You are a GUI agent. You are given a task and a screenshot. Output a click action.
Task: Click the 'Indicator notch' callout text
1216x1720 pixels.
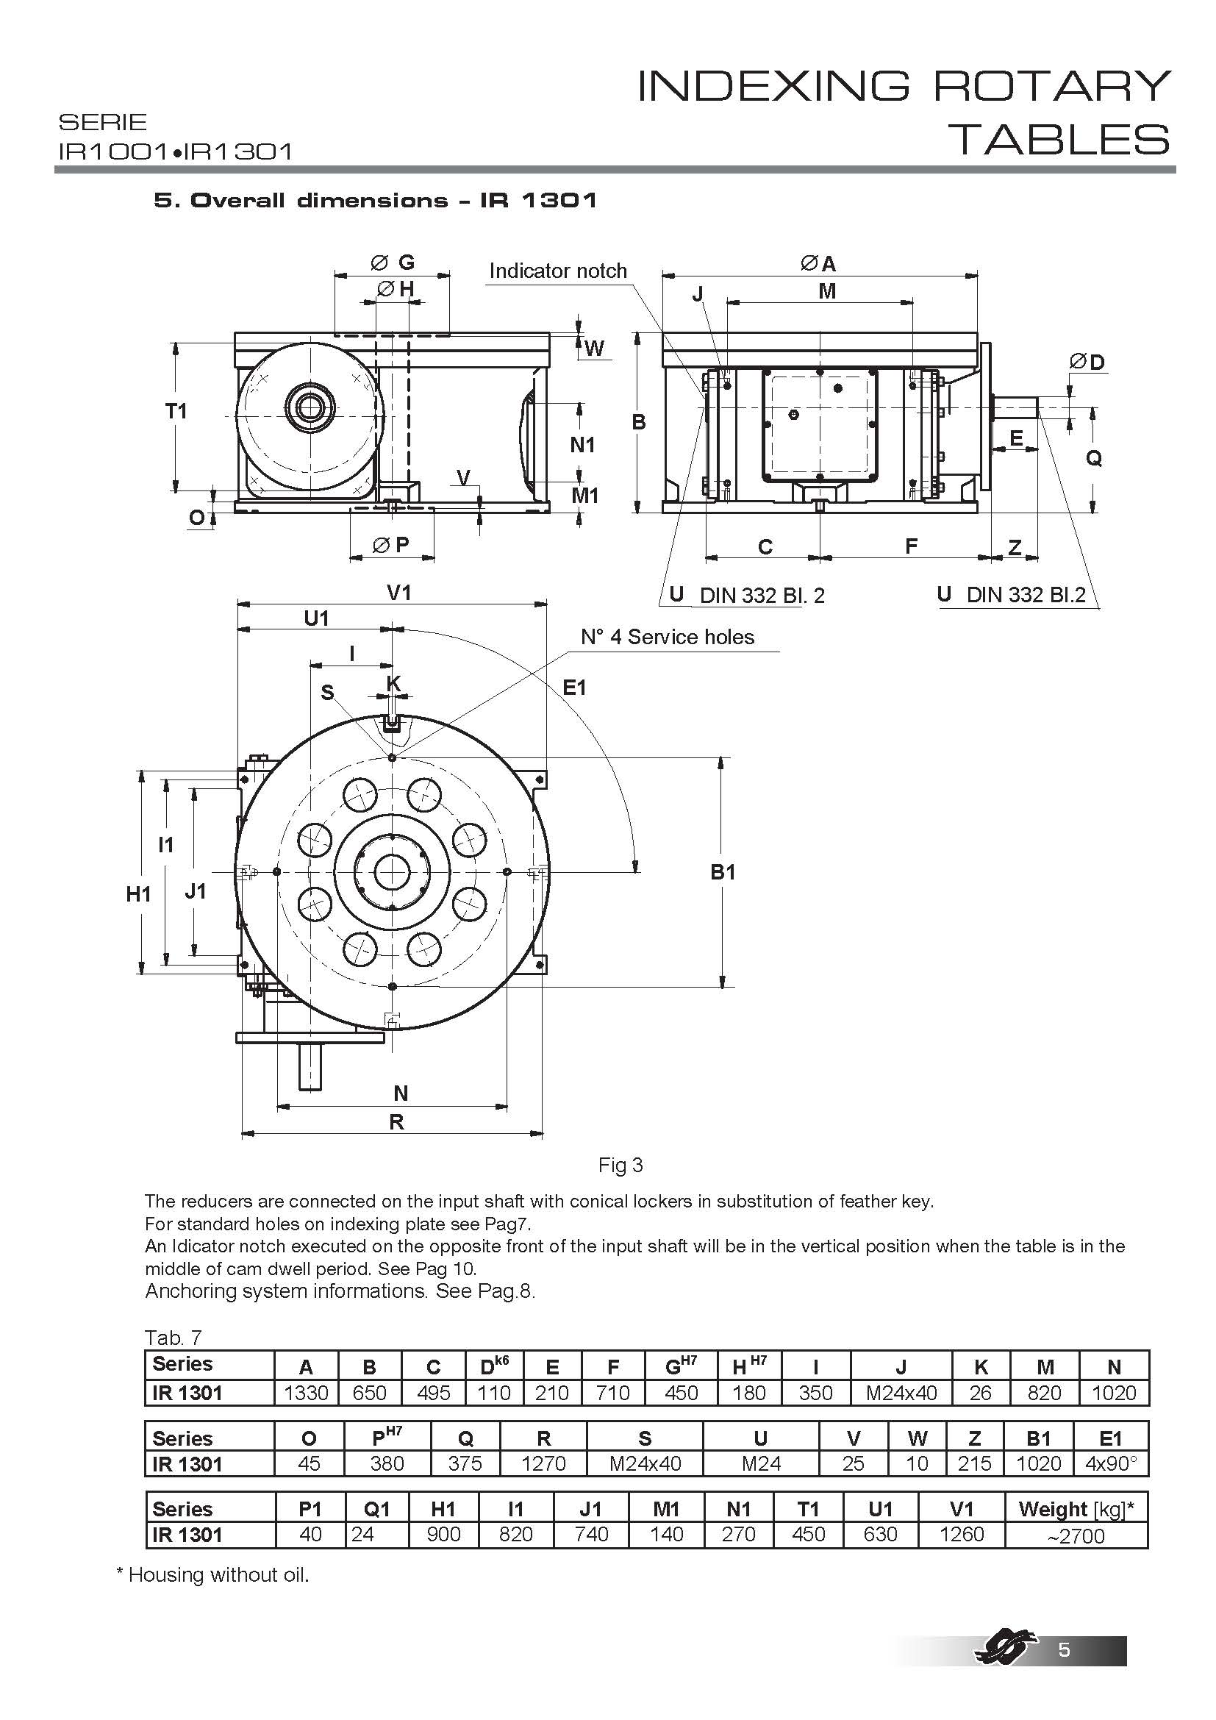pos(558,271)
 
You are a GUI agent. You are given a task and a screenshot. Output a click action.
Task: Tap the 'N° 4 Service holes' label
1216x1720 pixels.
pos(667,637)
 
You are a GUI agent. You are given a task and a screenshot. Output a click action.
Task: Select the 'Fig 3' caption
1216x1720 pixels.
pos(620,1165)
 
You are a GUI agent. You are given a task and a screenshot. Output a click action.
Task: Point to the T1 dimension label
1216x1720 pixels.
pos(176,410)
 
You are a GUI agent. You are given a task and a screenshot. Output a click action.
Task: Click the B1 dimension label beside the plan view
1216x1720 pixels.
pos(723,872)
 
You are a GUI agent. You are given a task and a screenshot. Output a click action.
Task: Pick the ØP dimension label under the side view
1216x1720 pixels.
pos(392,545)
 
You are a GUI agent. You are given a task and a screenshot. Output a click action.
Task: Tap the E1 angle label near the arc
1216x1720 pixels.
pos(574,687)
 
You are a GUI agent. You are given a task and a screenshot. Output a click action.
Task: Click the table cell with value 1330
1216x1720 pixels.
pos(307,1394)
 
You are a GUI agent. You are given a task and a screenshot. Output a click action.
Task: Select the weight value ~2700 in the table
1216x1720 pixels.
pos(1076,1535)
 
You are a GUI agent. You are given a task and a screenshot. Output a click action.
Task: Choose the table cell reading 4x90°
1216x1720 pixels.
pos(1111,1464)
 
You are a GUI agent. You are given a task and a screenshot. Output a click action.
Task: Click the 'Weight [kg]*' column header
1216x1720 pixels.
pos(1076,1509)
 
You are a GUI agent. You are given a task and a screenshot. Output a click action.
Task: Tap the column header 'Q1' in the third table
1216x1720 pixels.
pos(376,1509)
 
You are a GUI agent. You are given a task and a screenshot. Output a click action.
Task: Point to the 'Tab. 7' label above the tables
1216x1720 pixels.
pos(172,1337)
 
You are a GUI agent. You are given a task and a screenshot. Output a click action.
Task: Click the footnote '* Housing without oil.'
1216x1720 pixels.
pos(212,1574)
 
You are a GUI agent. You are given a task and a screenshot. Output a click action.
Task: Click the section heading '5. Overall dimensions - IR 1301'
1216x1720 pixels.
pos(375,200)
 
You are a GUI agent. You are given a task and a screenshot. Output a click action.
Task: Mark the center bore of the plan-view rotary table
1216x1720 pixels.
pos(392,872)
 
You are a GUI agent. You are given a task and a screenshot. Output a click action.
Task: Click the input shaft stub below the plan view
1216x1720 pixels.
pos(310,1067)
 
